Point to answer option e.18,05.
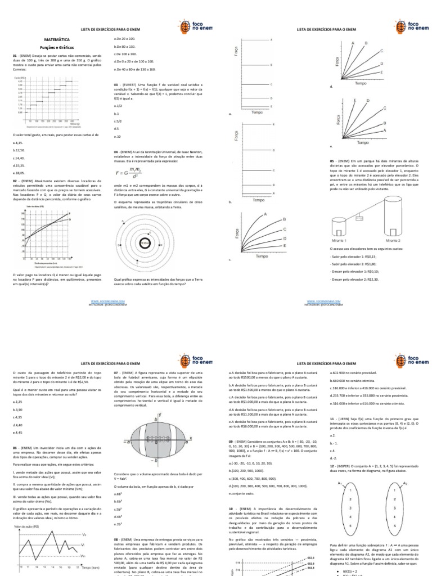(x=21, y=174)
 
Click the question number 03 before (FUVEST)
(x=116, y=84)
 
